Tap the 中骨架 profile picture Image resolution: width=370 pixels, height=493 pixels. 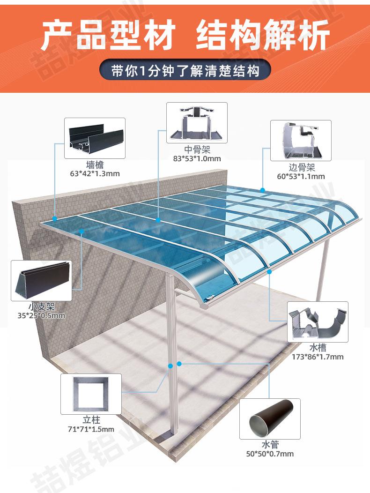tap(197, 123)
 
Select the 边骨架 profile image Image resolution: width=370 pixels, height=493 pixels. tap(300, 141)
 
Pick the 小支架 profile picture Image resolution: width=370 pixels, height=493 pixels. tap(41, 281)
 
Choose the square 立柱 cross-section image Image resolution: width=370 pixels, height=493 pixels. tap(91, 394)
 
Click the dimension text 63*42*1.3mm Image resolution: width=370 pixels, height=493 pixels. tap(95, 173)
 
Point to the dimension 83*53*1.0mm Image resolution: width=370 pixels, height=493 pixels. tap(197, 158)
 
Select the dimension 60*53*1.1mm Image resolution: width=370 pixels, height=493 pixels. tap(300, 177)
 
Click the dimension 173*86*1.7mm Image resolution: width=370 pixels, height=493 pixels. tap(317, 357)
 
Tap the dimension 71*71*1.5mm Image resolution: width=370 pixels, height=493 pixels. tap(91, 429)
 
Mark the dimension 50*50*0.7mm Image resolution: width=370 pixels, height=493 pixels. tap(270, 454)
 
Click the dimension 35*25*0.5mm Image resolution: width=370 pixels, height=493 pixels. tap(41, 315)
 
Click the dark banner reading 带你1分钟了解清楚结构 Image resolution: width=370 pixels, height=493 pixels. tap(185, 71)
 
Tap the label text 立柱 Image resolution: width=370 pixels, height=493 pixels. tap(91, 420)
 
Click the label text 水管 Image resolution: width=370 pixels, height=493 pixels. tap(270, 445)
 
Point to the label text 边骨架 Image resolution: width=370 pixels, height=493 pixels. tap(300, 168)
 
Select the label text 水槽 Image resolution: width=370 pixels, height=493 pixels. tap(317, 348)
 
